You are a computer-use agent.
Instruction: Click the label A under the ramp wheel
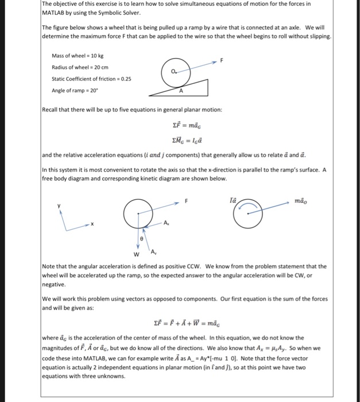click(x=180, y=90)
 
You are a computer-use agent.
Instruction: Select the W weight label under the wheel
click(x=136, y=254)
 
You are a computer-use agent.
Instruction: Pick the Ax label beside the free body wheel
click(x=166, y=222)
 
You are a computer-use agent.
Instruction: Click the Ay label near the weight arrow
click(x=153, y=252)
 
